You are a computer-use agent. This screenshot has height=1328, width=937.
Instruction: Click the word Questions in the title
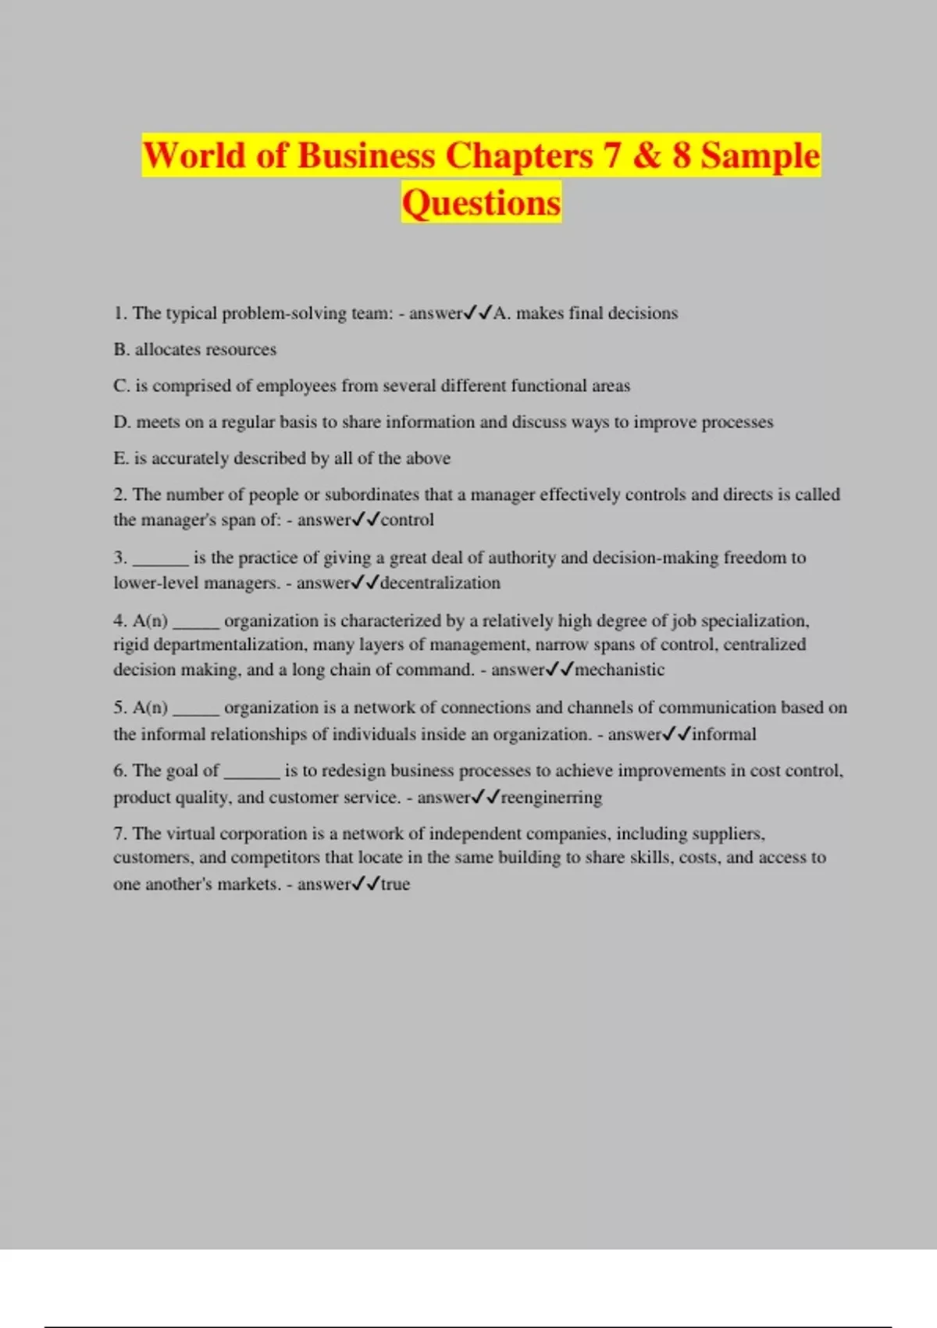click(x=481, y=203)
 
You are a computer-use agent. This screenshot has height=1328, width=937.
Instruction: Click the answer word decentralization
click(x=440, y=583)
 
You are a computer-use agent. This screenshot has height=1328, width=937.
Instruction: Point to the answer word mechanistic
click(x=620, y=669)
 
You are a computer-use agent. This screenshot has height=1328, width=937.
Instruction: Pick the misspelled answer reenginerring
click(x=551, y=798)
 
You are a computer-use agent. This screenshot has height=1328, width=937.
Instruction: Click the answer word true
click(x=395, y=884)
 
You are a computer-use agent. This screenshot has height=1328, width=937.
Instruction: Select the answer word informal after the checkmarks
click(x=724, y=734)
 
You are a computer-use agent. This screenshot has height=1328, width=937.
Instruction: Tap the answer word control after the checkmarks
click(x=407, y=520)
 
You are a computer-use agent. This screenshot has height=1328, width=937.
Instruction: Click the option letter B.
click(x=120, y=349)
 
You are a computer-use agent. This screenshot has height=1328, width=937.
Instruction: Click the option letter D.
click(x=121, y=423)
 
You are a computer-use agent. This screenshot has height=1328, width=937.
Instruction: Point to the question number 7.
click(x=119, y=834)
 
